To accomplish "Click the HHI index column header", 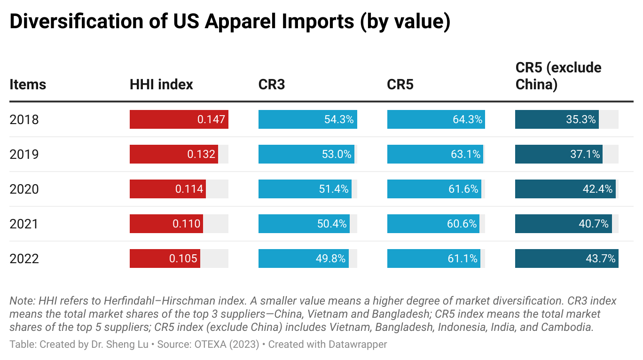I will pyautogui.click(x=161, y=85).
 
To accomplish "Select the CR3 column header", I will pyautogui.click(x=272, y=85).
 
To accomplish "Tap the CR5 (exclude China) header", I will pyautogui.click(x=558, y=76).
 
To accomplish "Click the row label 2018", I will pyautogui.click(x=24, y=120).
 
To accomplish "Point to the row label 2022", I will pyautogui.click(x=24, y=259).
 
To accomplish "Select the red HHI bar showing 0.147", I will pyautogui.click(x=179, y=119).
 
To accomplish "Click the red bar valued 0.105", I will pyautogui.click(x=165, y=258).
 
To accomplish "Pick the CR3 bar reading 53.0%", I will pyautogui.click(x=306, y=154).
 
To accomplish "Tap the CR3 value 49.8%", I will pyautogui.click(x=331, y=258).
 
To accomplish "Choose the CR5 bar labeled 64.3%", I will pyautogui.click(x=436, y=119).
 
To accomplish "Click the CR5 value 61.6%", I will pyautogui.click(x=464, y=189).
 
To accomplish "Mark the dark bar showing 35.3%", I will pyautogui.click(x=557, y=119).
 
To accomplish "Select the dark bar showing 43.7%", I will pyautogui.click(x=566, y=258).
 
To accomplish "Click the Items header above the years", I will pyautogui.click(x=28, y=85).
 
